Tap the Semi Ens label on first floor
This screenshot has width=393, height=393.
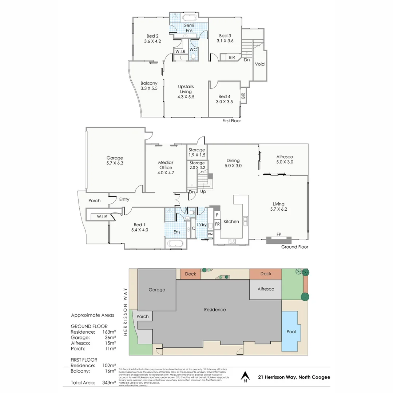pyautogui.click(x=189, y=28)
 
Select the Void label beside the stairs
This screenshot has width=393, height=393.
pyautogui.click(x=260, y=64)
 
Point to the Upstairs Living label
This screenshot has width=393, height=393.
pyautogui.click(x=186, y=89)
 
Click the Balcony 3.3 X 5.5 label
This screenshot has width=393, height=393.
pyautogui.click(x=149, y=86)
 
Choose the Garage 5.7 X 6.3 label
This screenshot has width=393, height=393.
pyautogui.click(x=115, y=160)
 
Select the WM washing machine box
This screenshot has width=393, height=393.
pyautogui.click(x=210, y=234)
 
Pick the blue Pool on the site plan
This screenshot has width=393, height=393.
pyautogui.click(x=291, y=331)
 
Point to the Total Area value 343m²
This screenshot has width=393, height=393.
pyautogui.click(x=109, y=382)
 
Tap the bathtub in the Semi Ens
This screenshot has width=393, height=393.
pyautogui.click(x=189, y=18)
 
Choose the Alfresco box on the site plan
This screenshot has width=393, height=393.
pyautogui.click(x=265, y=289)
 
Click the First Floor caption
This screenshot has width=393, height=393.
pyautogui.click(x=231, y=120)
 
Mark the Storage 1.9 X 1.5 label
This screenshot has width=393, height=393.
pyautogui.click(x=197, y=152)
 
